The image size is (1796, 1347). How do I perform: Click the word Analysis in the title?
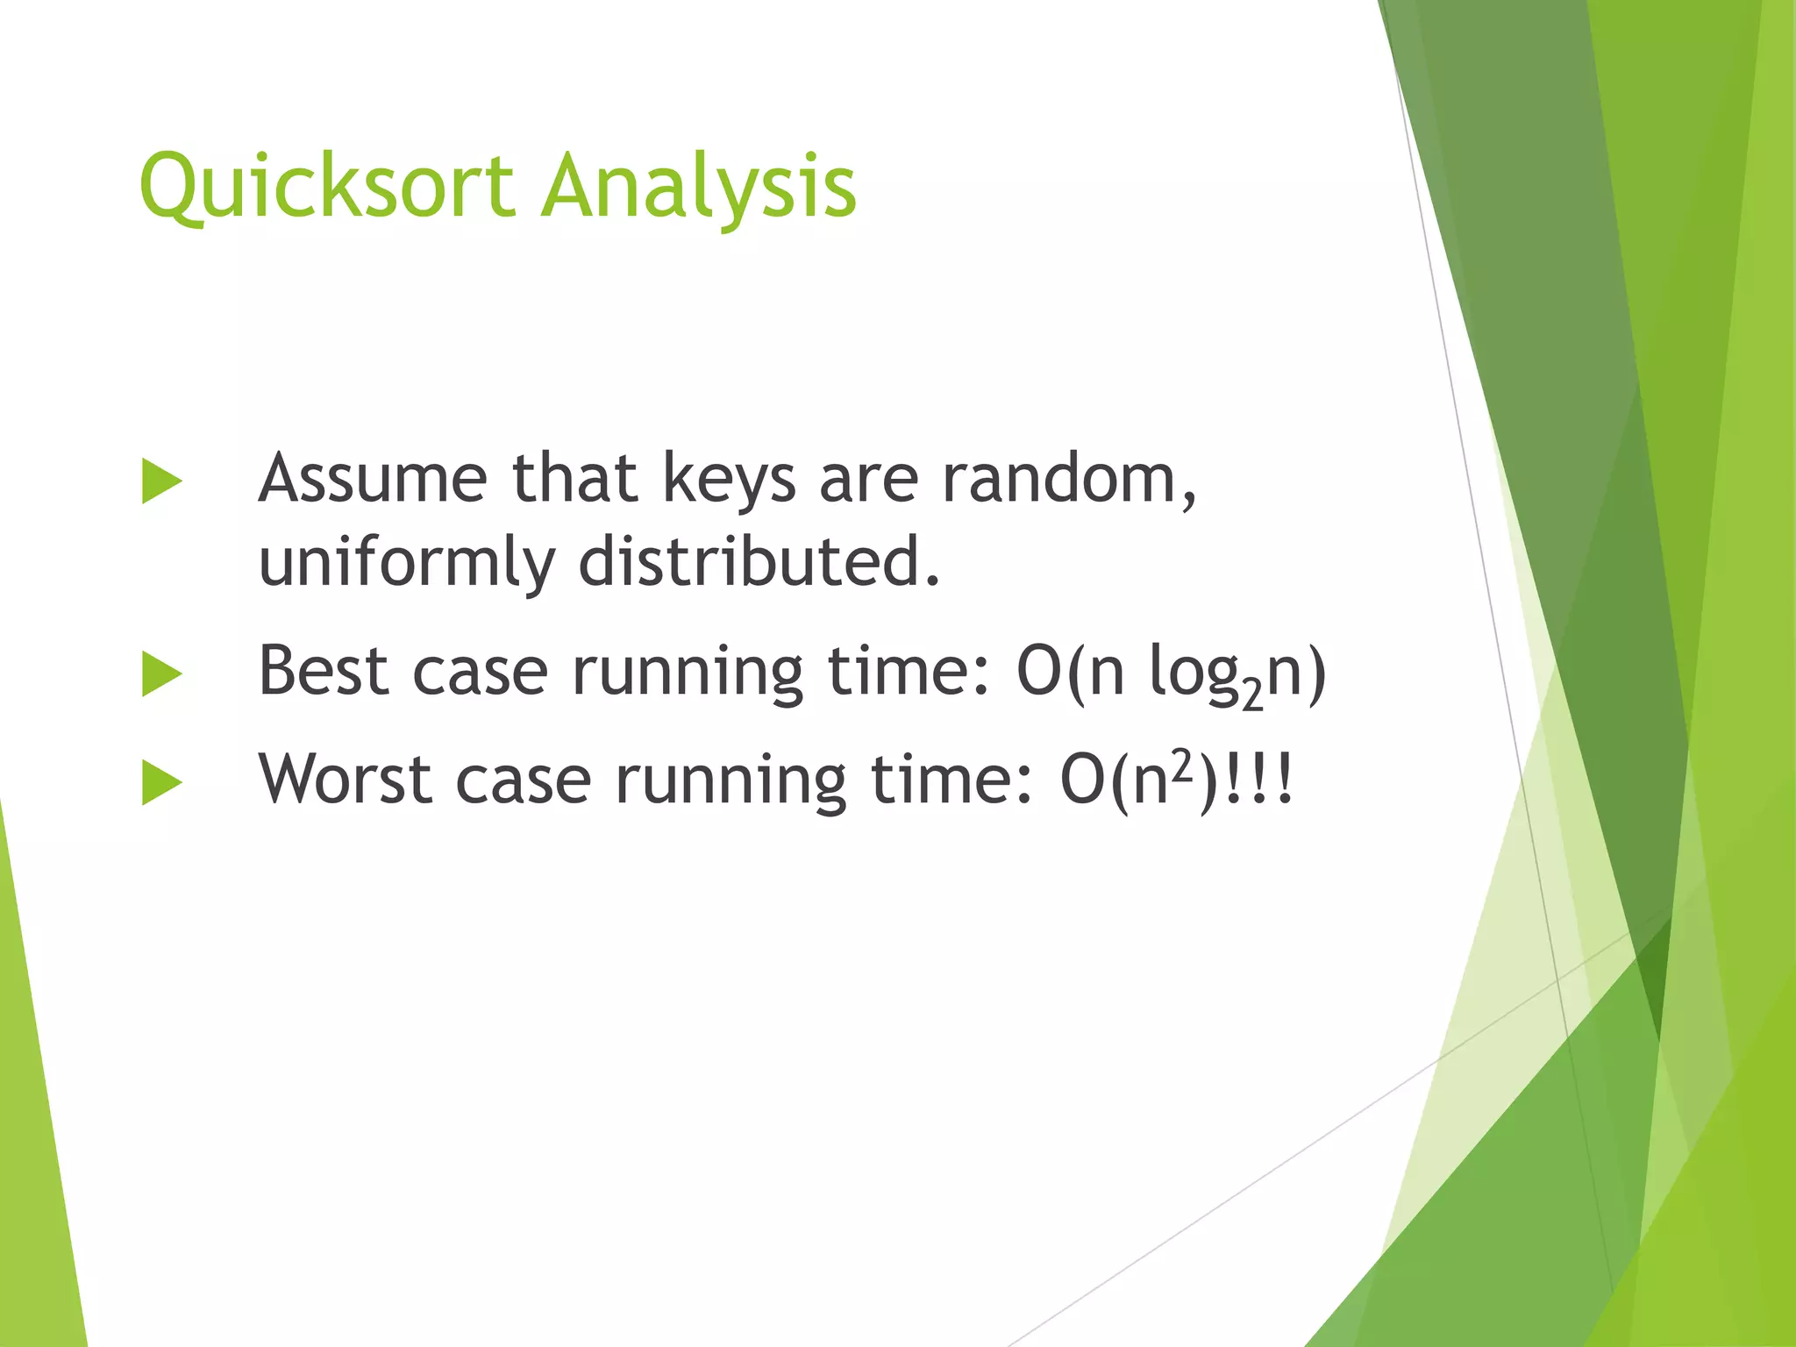(698, 186)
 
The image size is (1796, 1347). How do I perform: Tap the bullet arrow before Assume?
(161, 481)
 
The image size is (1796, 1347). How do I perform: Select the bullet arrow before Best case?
(161, 674)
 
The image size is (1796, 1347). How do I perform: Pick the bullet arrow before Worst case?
(161, 782)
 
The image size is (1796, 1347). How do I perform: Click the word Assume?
(372, 480)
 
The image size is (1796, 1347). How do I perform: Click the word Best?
(324, 672)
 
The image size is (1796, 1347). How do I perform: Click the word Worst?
(344, 780)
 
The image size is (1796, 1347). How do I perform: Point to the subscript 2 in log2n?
(1253, 695)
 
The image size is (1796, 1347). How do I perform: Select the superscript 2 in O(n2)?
(1183, 765)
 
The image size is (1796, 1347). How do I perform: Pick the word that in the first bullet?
(574, 480)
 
